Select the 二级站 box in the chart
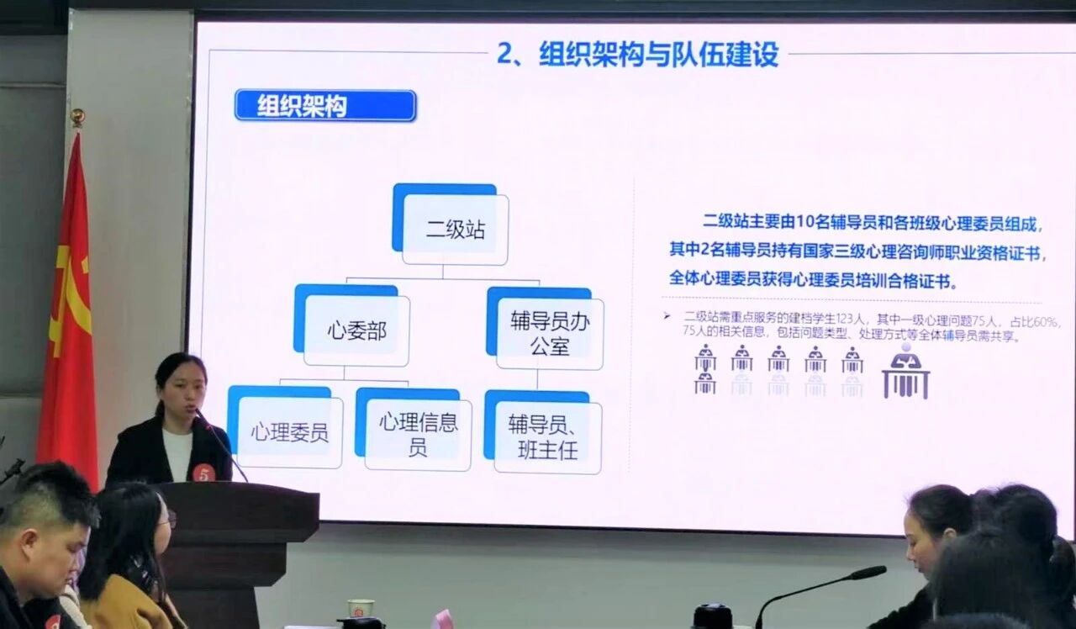tap(451, 224)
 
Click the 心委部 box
tap(352, 325)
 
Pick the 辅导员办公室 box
tap(546, 328)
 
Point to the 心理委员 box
tap(285, 427)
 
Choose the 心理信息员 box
tap(414, 430)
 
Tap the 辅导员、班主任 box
tap(543, 432)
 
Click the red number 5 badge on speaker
tap(203, 473)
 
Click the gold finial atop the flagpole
tap(76, 117)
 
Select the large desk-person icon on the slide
tap(906, 371)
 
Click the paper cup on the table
tap(361, 609)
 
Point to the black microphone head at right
tap(866, 573)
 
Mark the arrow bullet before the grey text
tap(667, 315)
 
